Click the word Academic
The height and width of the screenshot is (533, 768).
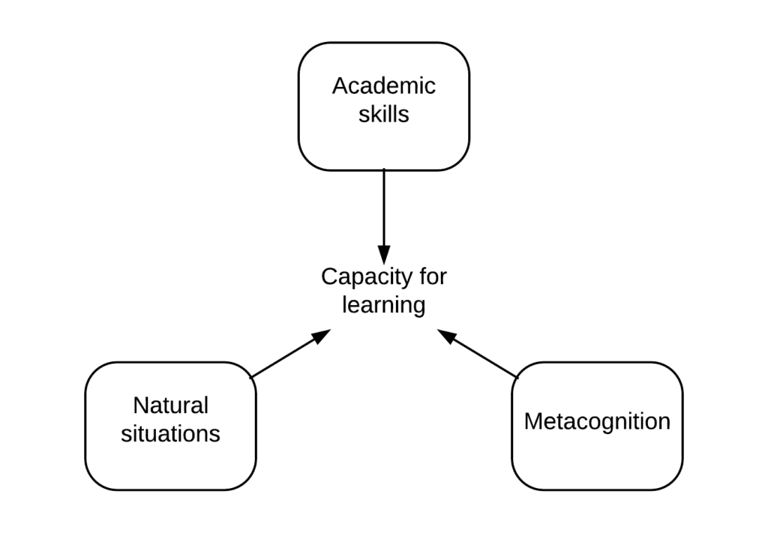[x=383, y=85]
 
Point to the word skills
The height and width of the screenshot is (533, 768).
[x=383, y=114]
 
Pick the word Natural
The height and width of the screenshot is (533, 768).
[x=170, y=406]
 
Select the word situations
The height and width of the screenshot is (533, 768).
[x=170, y=434]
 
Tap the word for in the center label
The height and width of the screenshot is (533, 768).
[x=432, y=276]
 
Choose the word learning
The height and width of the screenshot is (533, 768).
[x=383, y=305]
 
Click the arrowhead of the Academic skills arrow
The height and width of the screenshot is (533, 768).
[x=383, y=256]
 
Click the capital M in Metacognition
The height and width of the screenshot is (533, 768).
[x=532, y=421]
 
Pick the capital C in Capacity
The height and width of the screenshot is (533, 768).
[x=328, y=277]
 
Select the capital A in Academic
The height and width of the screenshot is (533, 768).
[x=339, y=85]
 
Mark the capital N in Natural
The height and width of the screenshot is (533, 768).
[x=140, y=406]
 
